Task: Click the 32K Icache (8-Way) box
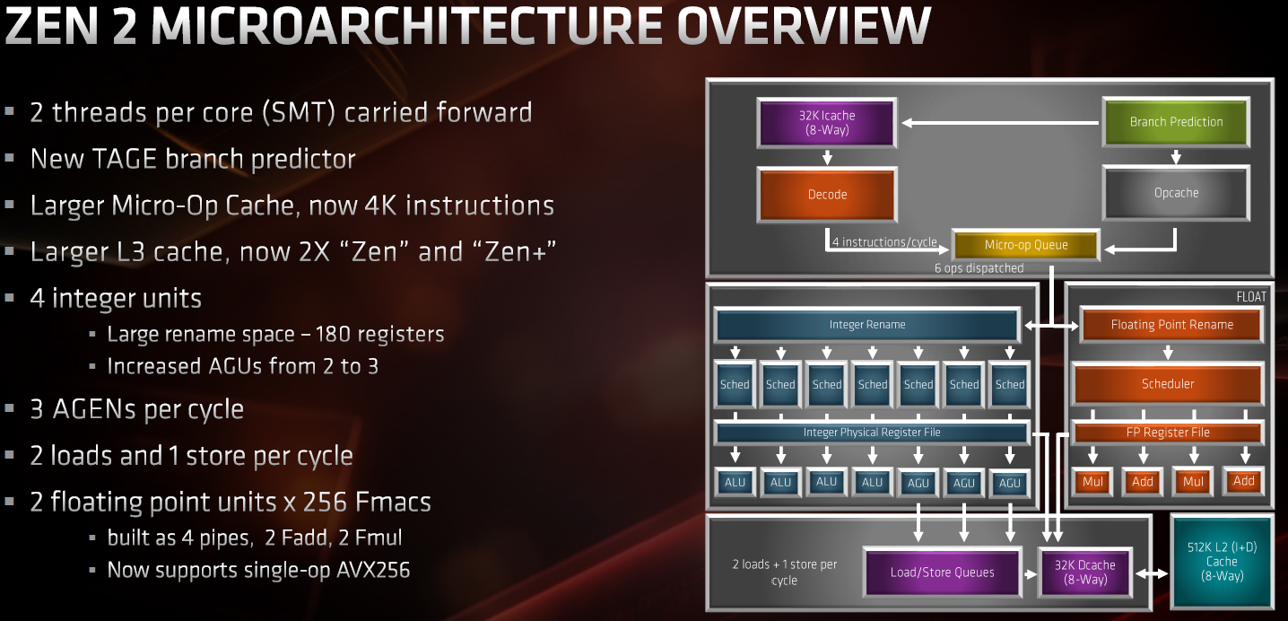pos(827,123)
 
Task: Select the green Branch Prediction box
pos(1176,122)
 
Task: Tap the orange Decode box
pos(827,195)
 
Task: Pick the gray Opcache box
pos(1176,193)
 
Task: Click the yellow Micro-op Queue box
pos(1026,245)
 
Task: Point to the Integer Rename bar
pos(867,325)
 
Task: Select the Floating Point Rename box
pos(1172,325)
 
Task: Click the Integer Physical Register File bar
pos(872,433)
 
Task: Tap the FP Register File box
pos(1168,433)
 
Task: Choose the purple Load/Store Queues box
pos(943,572)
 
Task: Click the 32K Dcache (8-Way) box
pos(1085,572)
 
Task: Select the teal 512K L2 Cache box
pos(1222,561)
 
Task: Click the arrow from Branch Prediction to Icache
pos(1000,123)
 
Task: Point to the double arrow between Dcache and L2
pos(1152,573)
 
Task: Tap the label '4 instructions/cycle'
pos(884,242)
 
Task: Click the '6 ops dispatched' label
pos(979,268)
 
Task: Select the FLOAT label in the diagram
pos(1251,297)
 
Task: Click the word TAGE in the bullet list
pos(124,159)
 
